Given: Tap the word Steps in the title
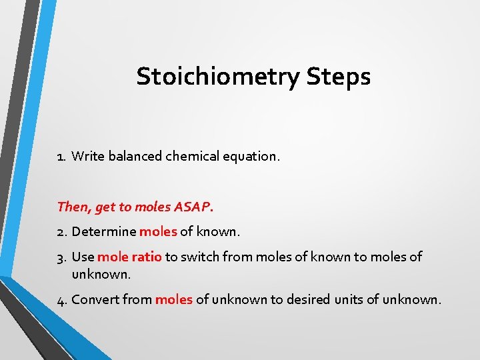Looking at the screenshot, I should click(x=339, y=77).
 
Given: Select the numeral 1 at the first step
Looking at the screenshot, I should click(x=60, y=157).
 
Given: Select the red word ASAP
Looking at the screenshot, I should click(x=193, y=207).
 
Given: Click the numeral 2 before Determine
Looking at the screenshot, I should click(x=61, y=232).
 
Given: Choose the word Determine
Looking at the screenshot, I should click(x=104, y=232).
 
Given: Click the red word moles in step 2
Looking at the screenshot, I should click(x=158, y=232).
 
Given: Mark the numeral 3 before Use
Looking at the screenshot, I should click(x=61, y=257).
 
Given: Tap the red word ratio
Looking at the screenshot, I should click(x=147, y=257).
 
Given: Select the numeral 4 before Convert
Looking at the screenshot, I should click(x=61, y=300).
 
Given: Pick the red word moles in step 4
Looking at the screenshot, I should click(x=174, y=300).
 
